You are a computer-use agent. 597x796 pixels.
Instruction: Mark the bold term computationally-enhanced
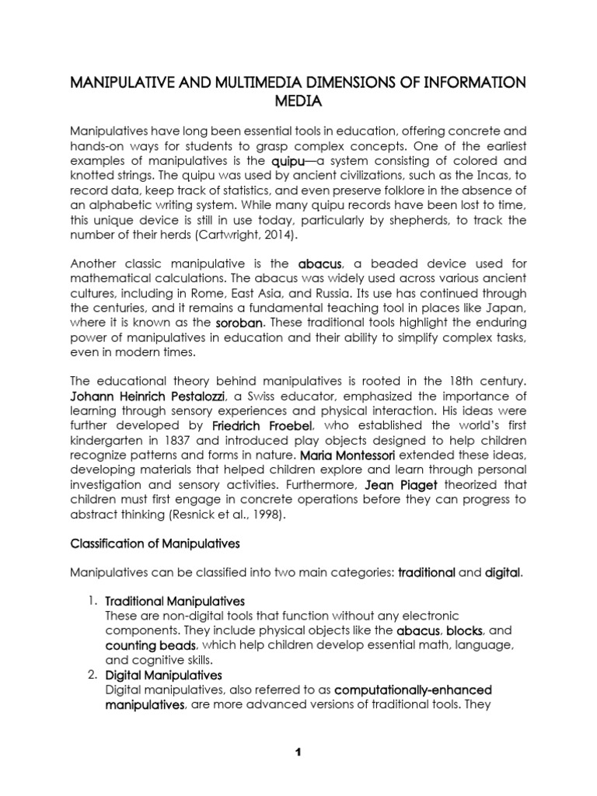click(x=414, y=690)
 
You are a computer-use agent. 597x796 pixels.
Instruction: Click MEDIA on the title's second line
click(x=298, y=102)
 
